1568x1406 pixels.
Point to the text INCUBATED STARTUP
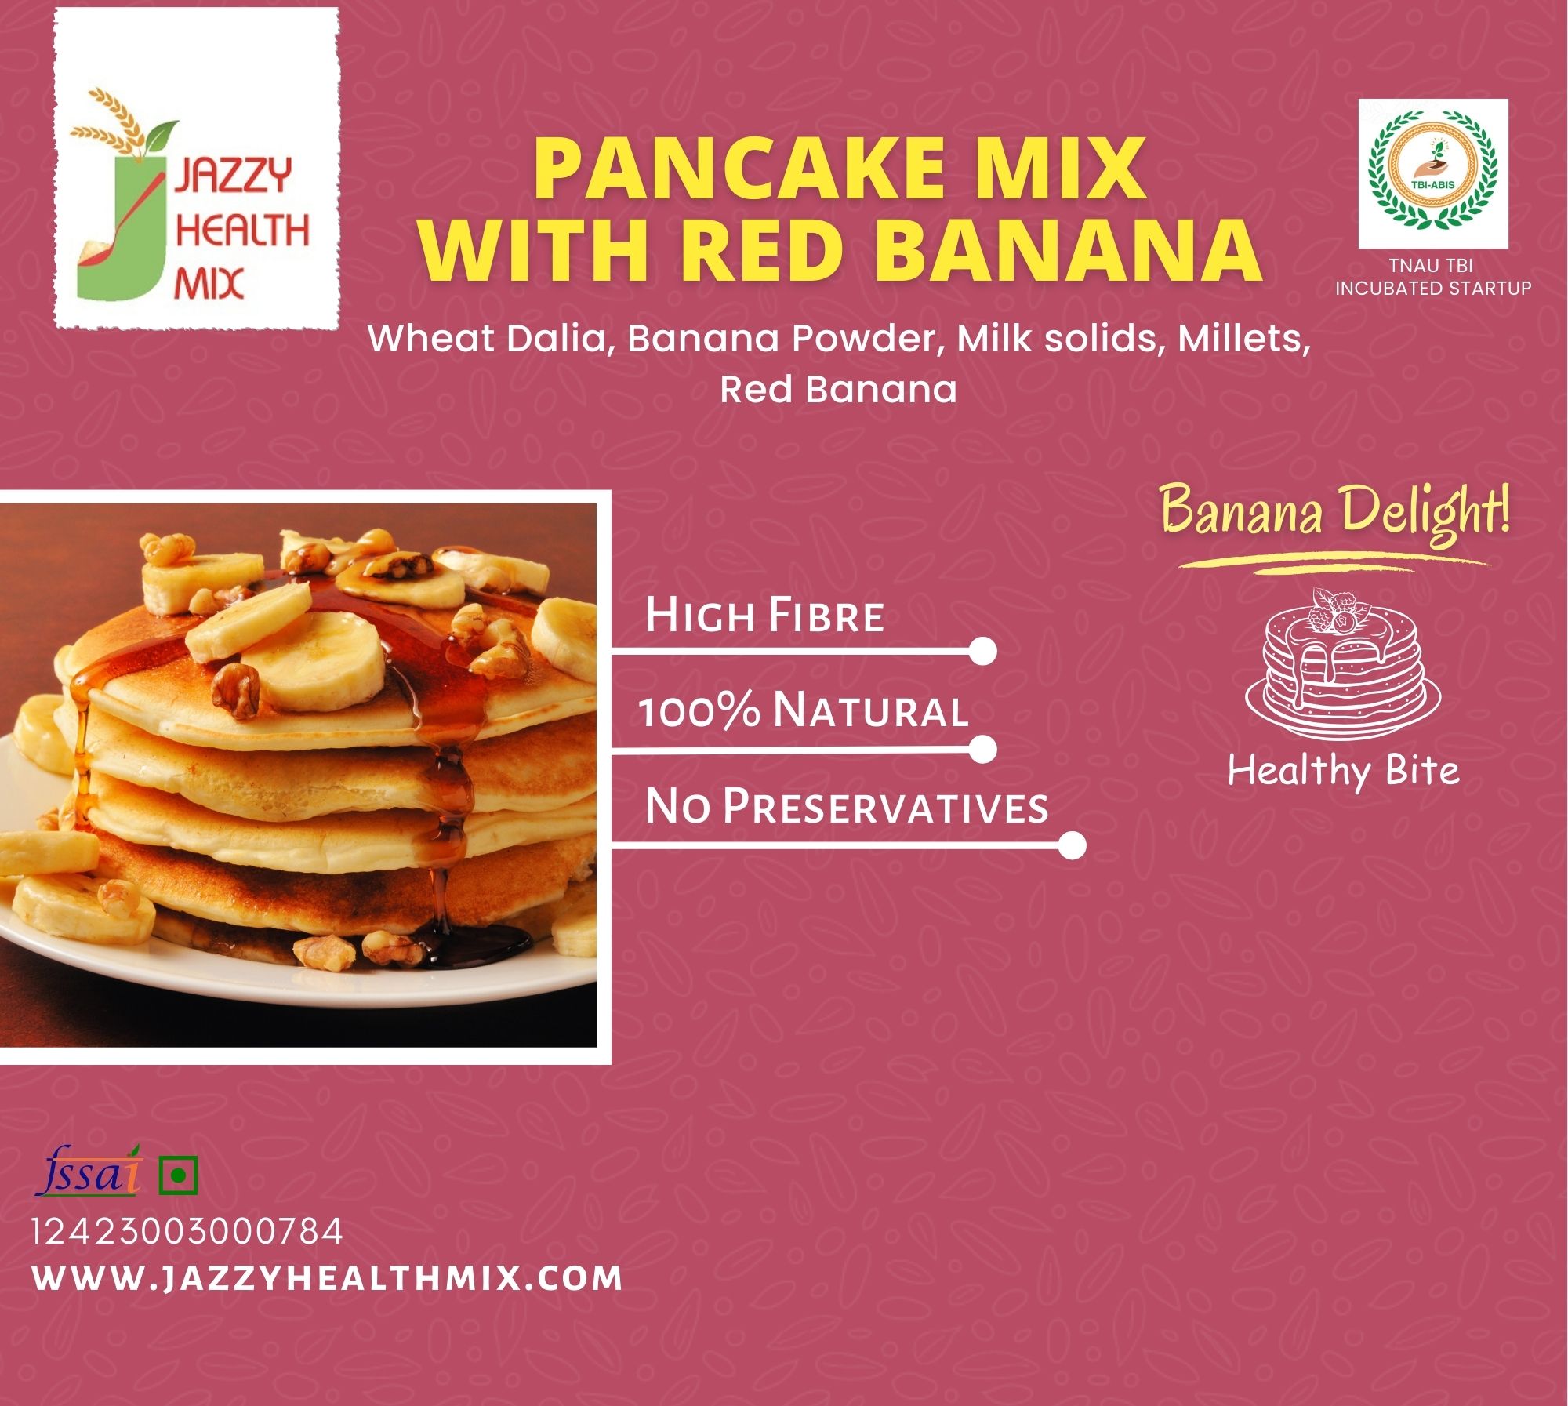coord(1433,288)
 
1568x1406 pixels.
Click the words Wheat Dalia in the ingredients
coord(491,339)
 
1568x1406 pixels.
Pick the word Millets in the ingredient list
coord(1244,339)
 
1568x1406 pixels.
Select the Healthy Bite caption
coord(1343,770)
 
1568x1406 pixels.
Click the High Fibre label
coord(764,616)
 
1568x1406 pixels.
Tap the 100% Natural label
coord(804,710)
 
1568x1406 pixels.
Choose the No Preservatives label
coord(847,807)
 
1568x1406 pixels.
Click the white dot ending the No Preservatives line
coord(1072,846)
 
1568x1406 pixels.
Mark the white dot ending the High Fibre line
coord(982,651)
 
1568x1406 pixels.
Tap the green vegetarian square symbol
coord(178,1175)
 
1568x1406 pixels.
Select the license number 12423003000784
coord(187,1232)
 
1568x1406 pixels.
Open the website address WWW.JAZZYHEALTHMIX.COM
coord(328,1279)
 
